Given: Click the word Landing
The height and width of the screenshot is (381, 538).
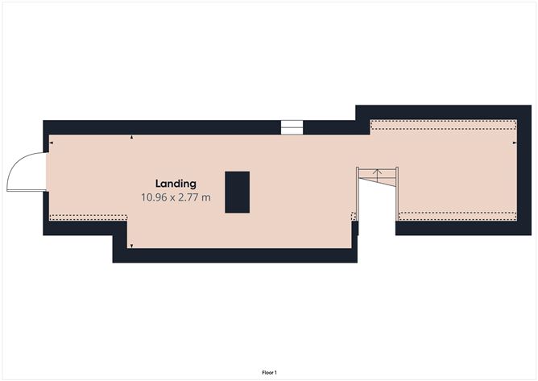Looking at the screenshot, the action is [x=176, y=184].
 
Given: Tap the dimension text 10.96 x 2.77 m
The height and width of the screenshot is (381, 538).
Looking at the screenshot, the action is [x=176, y=197].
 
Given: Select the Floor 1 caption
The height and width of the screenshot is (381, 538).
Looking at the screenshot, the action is [x=269, y=372].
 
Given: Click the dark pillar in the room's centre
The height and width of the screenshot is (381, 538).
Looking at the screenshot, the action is [x=237, y=193].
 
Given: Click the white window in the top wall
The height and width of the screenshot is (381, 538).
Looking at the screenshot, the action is [x=292, y=127].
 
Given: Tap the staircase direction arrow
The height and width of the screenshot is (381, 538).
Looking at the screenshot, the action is [x=378, y=176].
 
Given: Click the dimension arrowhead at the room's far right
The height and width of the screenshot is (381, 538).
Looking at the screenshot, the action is [x=515, y=143].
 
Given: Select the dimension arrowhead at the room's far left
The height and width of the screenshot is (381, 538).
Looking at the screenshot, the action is [x=51, y=143].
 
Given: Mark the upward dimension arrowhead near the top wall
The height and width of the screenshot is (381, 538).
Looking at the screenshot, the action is [x=132, y=137].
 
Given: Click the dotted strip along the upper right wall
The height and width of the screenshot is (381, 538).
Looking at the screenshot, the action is [x=443, y=125].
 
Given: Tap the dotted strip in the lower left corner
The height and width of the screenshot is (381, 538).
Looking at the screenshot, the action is [x=88, y=217].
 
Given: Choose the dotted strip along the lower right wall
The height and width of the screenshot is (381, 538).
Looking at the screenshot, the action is [x=457, y=216].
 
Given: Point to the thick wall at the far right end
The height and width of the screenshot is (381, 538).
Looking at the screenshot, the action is [x=524, y=170].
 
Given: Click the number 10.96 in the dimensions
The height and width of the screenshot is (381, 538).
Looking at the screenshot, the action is [x=154, y=197].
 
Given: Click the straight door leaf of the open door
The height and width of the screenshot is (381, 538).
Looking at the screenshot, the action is [x=27, y=190].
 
